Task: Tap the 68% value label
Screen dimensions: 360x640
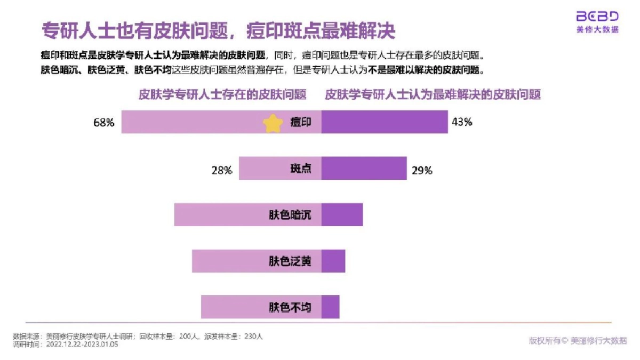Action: [x=104, y=123]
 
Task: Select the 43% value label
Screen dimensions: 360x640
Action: [x=462, y=122]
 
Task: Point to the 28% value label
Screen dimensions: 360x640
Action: [x=221, y=171]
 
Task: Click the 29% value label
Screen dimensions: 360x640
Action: [x=421, y=171]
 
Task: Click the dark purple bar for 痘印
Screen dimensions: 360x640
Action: [x=385, y=122]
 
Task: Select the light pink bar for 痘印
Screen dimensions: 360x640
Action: [x=192, y=122]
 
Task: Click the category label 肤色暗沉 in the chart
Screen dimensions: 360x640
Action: [x=290, y=215]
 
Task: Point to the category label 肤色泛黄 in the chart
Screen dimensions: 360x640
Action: [x=290, y=261]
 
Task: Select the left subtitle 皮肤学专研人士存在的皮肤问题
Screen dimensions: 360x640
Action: [x=222, y=95]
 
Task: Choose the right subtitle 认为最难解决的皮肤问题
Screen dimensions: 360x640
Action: [x=433, y=95]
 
